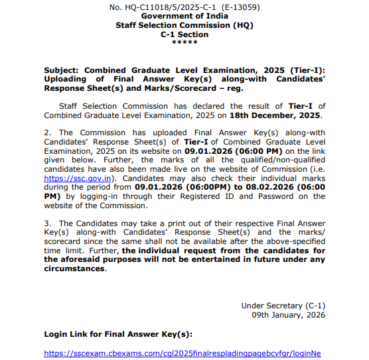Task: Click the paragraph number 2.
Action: (x=46, y=133)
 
